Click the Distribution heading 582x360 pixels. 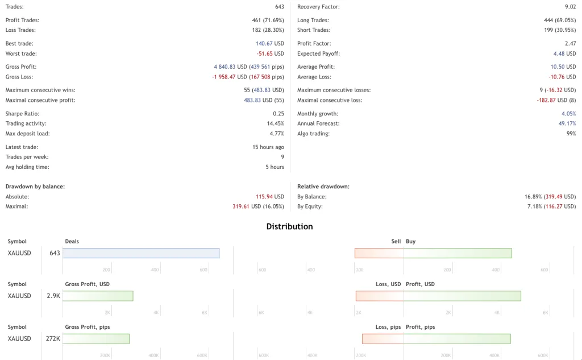(x=289, y=226)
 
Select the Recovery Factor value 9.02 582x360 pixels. (x=570, y=7)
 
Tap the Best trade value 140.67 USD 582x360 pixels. (x=270, y=43)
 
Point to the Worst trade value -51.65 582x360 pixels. (x=270, y=53)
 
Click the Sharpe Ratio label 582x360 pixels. (x=22, y=114)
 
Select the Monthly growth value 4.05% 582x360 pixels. (x=568, y=114)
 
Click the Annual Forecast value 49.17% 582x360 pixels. (x=567, y=123)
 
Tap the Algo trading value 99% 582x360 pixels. (x=571, y=134)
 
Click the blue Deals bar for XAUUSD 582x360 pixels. (x=141, y=253)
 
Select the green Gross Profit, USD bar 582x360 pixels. (x=98, y=296)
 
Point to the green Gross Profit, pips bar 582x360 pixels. (x=96, y=338)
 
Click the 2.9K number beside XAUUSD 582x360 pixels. (x=53, y=296)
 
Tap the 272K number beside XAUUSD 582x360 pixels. (x=53, y=338)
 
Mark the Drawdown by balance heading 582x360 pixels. (x=35, y=187)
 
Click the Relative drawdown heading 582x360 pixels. (x=323, y=187)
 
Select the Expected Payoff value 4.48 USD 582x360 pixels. (x=564, y=53)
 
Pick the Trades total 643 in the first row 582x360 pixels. (x=279, y=7)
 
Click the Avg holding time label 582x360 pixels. (x=27, y=167)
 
